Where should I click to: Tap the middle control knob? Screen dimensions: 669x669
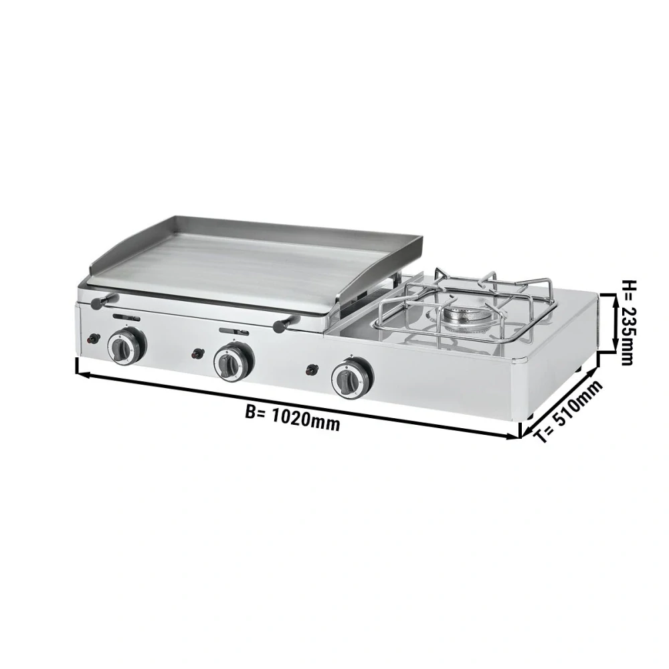tap(233, 362)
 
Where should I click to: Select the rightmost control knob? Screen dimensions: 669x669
tap(352, 376)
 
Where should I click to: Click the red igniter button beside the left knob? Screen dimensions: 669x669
tap(92, 339)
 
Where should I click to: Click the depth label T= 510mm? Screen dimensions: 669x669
tap(569, 411)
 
